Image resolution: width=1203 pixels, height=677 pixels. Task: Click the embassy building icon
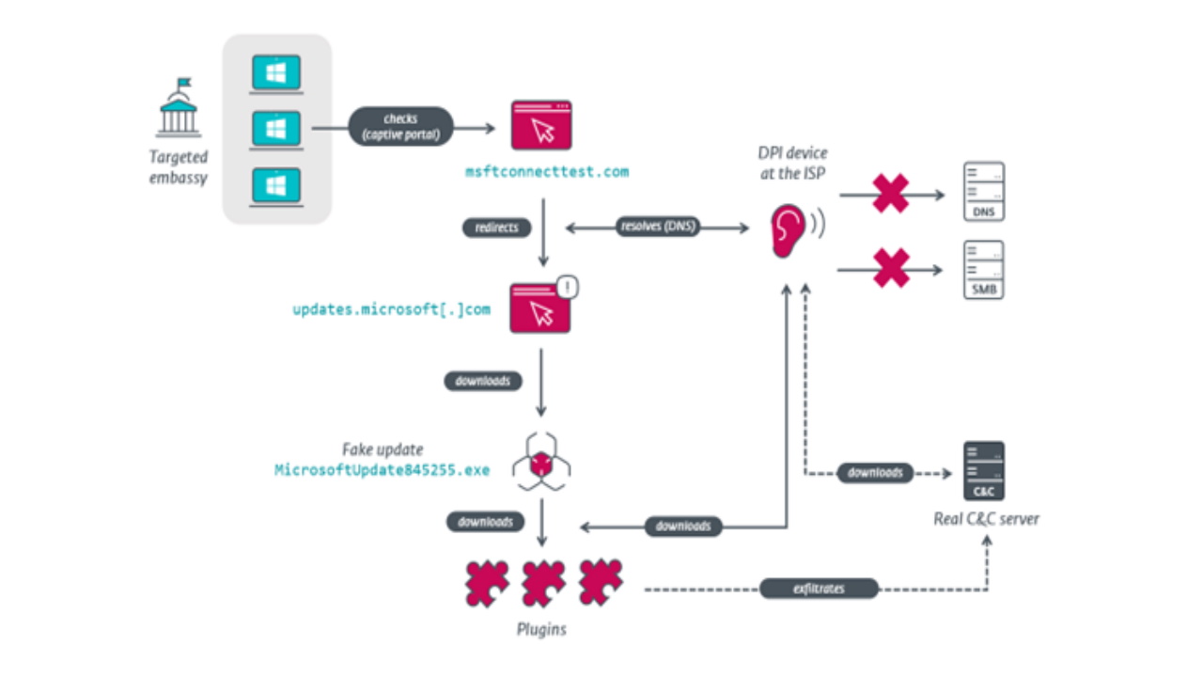178,108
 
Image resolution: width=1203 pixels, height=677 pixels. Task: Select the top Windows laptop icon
275,73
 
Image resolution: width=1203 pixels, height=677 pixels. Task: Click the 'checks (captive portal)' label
400,127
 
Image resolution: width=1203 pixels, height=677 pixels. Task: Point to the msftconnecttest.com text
547,172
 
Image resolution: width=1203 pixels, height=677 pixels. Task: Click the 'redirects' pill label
496,228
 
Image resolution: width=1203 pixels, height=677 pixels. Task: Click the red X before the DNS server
891,195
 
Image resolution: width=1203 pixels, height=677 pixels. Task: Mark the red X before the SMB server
891,269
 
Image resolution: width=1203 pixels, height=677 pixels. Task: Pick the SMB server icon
983,270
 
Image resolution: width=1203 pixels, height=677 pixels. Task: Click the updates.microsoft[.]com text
391,308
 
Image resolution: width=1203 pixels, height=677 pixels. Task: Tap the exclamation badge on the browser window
567,287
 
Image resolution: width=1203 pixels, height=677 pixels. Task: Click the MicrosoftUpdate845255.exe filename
382,469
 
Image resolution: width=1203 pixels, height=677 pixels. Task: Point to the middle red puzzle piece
542,583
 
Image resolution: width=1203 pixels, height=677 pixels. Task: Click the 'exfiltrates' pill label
818,589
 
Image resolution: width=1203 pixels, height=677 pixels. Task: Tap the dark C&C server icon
983,471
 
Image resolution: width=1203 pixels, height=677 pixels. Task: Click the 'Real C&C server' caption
986,518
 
